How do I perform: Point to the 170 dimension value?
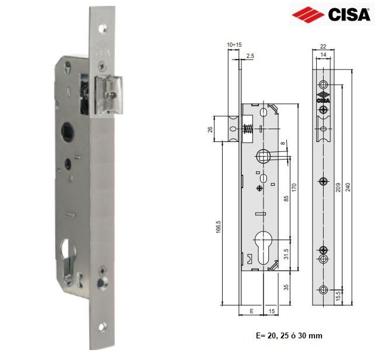click(x=296, y=188)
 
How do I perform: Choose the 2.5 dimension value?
click(x=250, y=56)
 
